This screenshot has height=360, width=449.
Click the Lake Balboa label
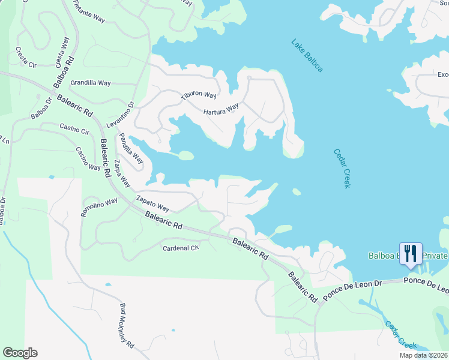point(307,56)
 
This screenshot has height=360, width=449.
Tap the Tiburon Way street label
point(199,95)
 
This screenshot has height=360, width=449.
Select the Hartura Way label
point(221,110)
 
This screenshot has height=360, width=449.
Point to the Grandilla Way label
point(91,82)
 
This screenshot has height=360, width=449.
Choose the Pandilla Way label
point(131,149)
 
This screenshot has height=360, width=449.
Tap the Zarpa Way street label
point(122,173)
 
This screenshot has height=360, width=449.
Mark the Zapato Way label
point(152,203)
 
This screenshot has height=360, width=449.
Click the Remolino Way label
point(99,208)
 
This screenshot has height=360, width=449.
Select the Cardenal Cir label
point(181,248)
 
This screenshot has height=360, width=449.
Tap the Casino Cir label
point(74,128)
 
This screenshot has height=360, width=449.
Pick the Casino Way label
point(88,158)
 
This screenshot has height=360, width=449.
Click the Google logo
point(20,353)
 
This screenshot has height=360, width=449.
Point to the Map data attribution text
point(423,355)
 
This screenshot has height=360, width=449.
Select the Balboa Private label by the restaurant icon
point(408,256)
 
